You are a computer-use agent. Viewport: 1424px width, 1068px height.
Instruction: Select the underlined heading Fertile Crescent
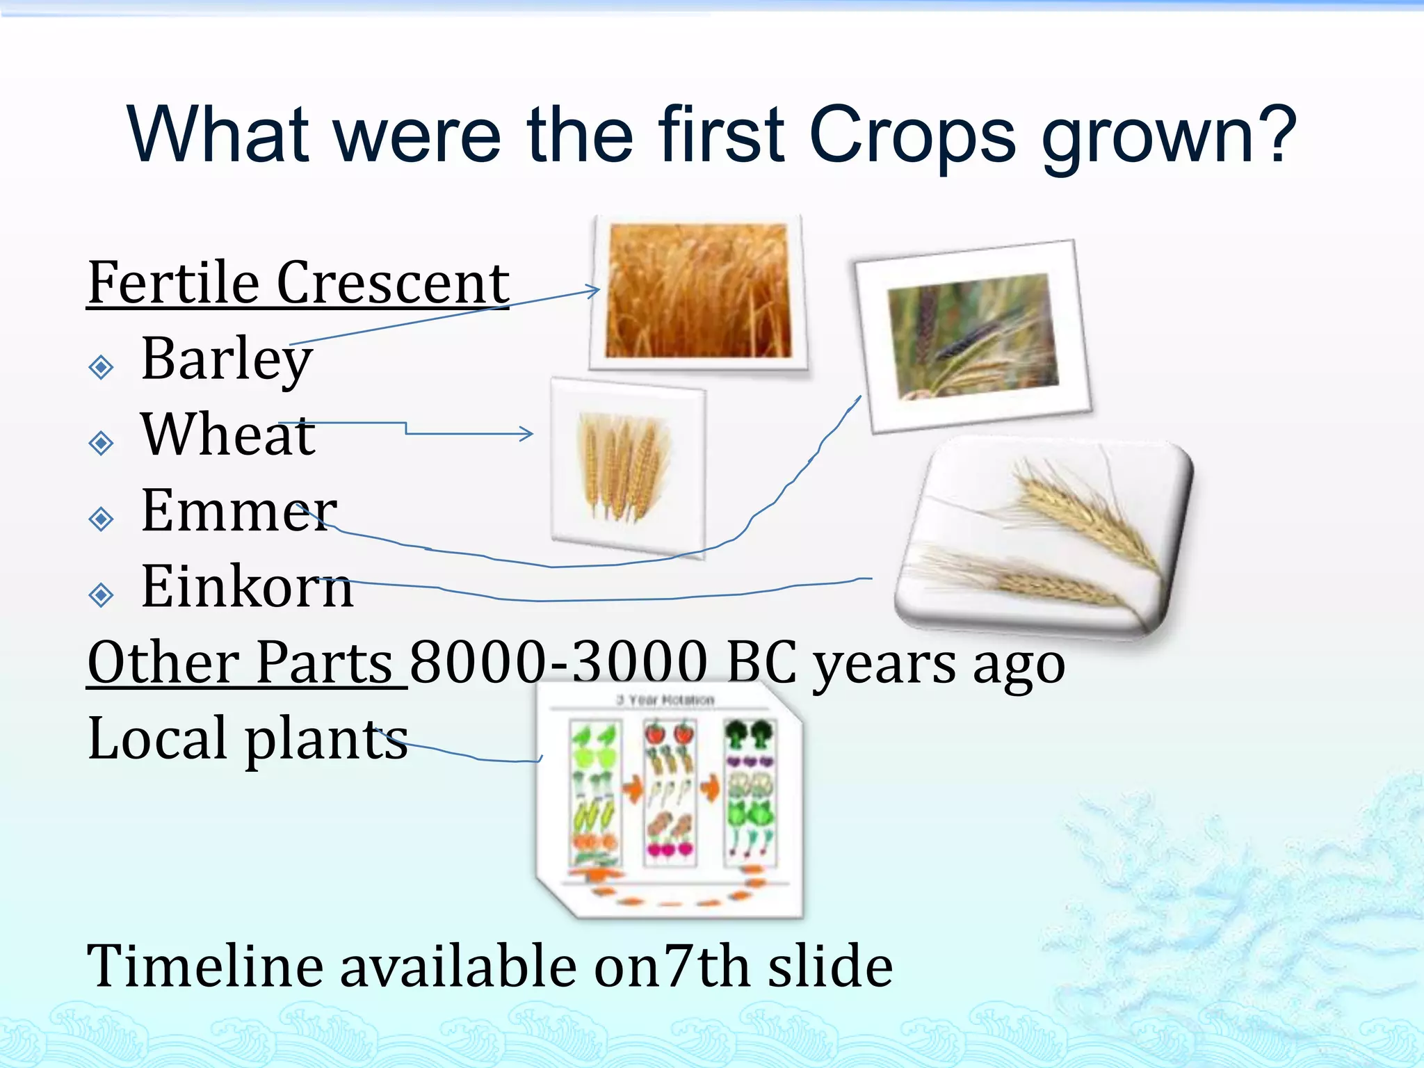pyautogui.click(x=298, y=284)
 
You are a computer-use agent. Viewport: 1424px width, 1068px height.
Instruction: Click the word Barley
pyautogui.click(x=227, y=359)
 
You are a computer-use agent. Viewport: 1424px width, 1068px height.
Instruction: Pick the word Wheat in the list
pyautogui.click(x=228, y=435)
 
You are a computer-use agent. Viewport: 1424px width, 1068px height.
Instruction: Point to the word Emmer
pyautogui.click(x=238, y=511)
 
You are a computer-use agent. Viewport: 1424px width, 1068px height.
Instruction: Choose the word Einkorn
pyautogui.click(x=247, y=588)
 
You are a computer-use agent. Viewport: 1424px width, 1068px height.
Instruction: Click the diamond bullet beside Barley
pyautogui.click(x=102, y=366)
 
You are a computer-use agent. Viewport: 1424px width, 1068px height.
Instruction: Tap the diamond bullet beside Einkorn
pyautogui.click(x=102, y=594)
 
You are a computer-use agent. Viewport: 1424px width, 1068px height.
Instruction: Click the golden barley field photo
pyautogui.click(x=698, y=291)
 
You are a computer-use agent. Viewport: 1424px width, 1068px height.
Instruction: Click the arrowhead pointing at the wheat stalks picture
pyautogui.click(x=528, y=434)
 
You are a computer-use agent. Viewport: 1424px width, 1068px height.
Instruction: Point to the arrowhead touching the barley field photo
pyautogui.click(x=594, y=290)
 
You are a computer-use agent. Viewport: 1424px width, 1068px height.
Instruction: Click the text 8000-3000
pyautogui.click(x=558, y=663)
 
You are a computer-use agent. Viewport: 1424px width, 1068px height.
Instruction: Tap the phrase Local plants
pyautogui.click(x=248, y=739)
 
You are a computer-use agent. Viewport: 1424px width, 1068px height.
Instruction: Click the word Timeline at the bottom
pyautogui.click(x=205, y=966)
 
